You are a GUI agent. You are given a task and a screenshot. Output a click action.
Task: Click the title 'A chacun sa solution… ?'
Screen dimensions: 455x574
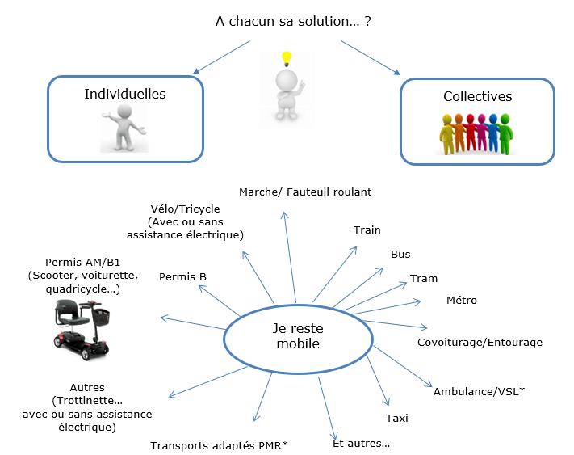[293, 21]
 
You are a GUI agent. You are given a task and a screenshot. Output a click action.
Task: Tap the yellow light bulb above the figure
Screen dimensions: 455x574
[284, 58]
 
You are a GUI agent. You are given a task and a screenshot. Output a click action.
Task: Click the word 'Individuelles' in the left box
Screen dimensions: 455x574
[125, 95]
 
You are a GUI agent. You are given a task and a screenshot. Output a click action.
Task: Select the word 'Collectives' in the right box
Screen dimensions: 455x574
[478, 96]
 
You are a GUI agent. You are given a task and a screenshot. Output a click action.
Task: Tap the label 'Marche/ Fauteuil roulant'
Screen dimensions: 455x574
[305, 192]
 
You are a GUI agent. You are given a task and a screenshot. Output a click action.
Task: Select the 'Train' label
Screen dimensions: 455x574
[367, 230]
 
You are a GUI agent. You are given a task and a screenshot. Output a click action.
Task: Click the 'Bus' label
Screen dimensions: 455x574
[400, 255]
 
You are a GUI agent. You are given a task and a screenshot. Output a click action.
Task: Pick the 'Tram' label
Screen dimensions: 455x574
[424, 279]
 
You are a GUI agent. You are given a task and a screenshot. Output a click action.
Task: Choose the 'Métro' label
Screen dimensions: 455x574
[462, 301]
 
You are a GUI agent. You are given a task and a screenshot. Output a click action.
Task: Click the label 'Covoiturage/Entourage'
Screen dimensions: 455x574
[480, 343]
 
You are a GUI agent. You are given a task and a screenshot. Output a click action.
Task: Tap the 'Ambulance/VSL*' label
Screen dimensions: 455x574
[479, 391]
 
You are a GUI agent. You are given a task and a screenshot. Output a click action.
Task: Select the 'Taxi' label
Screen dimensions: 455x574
[397, 418]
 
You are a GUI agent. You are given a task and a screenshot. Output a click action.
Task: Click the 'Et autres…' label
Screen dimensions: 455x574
[361, 444]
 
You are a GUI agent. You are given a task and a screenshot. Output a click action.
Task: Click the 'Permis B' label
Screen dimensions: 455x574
[182, 277]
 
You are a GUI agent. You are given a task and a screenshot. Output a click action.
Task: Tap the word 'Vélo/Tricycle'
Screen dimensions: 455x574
[185, 209]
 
